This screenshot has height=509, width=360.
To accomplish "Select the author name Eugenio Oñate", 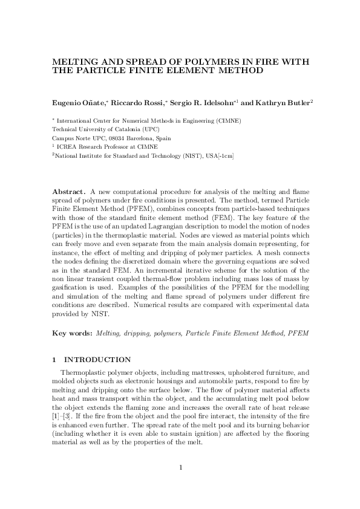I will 77,103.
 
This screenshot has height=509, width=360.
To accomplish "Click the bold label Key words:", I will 73,333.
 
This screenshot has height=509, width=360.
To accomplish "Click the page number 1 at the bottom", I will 180,467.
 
